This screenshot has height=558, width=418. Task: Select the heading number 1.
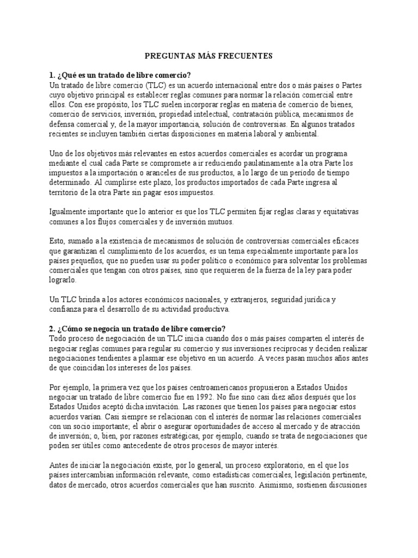[x=52, y=75]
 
